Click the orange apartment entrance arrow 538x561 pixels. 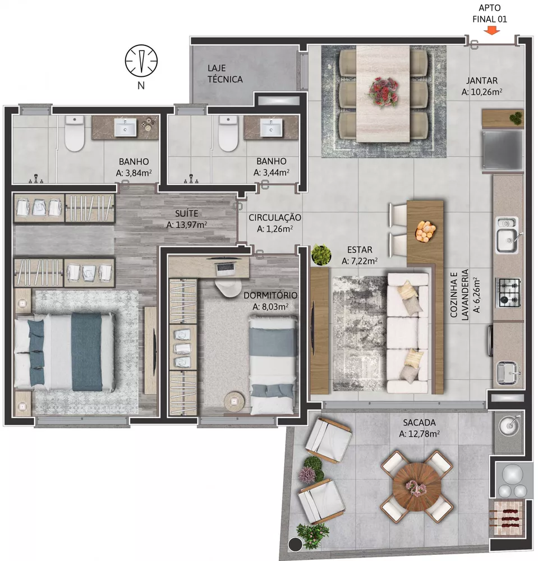(492, 31)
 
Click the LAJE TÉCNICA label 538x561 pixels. (224, 73)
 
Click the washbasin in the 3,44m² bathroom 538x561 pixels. (274, 128)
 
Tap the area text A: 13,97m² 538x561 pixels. (187, 224)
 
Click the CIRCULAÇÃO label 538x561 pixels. (275, 217)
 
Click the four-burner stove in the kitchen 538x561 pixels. (509, 292)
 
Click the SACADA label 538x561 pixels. (419, 422)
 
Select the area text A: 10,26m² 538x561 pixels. (481, 92)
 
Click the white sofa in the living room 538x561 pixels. (408, 331)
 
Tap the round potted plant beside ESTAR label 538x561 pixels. (321, 255)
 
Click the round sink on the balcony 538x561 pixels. (509, 427)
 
